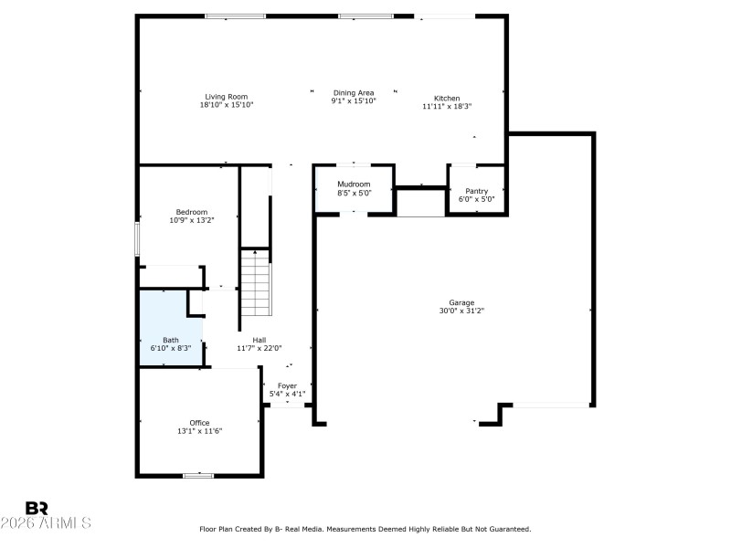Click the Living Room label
[x=226, y=97]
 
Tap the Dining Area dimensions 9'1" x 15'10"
[x=354, y=101]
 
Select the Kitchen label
[x=447, y=99]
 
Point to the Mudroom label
[x=354, y=184]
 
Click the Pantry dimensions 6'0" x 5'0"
[x=476, y=199]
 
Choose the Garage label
[x=461, y=302]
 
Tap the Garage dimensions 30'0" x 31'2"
[x=461, y=311]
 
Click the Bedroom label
[x=192, y=212]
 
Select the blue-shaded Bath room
[x=169, y=329]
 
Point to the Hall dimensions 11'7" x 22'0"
[x=260, y=348]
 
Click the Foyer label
[x=287, y=386]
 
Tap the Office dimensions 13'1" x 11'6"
[x=199, y=431]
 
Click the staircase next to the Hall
[x=257, y=283]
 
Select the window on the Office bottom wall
[x=198, y=475]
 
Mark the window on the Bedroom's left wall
[x=138, y=239]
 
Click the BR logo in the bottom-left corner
[x=37, y=508]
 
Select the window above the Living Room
[x=235, y=16]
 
